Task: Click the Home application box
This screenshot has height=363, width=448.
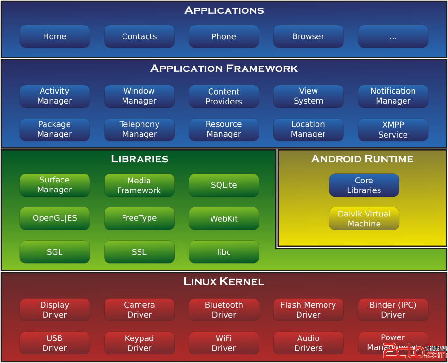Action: [54, 36]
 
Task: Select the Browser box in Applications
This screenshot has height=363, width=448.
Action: [308, 36]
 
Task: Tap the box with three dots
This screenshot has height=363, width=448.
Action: [393, 36]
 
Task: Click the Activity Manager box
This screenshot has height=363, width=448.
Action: [54, 96]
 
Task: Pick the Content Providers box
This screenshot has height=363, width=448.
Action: [224, 96]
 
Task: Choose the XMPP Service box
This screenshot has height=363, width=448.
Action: [393, 130]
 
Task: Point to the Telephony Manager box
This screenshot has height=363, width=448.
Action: [139, 130]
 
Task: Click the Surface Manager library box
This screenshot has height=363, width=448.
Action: [54, 185]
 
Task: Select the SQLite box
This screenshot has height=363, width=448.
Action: [224, 185]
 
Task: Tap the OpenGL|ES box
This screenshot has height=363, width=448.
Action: [54, 218]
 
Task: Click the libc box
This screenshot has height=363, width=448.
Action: [224, 252]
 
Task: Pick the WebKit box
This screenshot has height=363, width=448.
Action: [224, 219]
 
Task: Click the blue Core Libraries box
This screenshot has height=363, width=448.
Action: [364, 185]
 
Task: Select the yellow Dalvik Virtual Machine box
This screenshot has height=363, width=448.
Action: [364, 219]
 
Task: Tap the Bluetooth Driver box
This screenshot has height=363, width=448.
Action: [224, 310]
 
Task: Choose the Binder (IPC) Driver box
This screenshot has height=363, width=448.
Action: [393, 310]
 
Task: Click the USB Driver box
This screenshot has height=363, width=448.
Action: [54, 343]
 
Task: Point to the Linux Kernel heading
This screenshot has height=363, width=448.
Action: [224, 282]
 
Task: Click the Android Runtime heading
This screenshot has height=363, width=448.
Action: [362, 159]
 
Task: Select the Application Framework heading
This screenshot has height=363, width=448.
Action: [224, 69]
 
